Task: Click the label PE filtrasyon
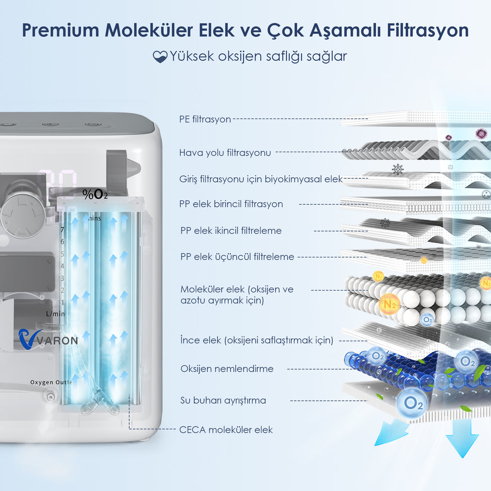pos(205,119)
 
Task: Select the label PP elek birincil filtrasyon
pos(231,204)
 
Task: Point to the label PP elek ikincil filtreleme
pos(231,231)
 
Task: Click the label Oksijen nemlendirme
pos(227,369)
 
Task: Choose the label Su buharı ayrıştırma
pos(223,400)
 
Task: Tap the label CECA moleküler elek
pos(226,430)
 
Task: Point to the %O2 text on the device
pos(95,194)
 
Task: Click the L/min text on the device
pos(55,314)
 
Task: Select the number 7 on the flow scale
pos(62,230)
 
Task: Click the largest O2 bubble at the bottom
pos(413,402)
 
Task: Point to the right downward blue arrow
pos(462,440)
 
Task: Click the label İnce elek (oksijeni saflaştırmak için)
pos(257,340)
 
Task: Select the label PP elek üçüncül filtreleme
pos(237,257)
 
